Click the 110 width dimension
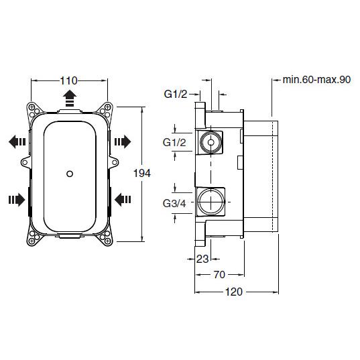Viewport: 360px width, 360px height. (x=68, y=81)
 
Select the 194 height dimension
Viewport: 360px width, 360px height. (x=142, y=174)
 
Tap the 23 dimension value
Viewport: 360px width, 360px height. (x=202, y=259)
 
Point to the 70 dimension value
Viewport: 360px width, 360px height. (x=219, y=275)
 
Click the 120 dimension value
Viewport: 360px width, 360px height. (x=234, y=292)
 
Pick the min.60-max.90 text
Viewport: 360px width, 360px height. (x=316, y=80)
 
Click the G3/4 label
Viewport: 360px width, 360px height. (x=174, y=203)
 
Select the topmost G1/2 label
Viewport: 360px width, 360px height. (x=176, y=94)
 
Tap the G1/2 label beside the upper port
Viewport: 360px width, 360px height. (x=174, y=143)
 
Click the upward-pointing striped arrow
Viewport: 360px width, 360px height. (x=70, y=99)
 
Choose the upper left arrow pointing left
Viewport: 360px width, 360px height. (x=17, y=141)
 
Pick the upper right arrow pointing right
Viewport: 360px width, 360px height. (x=123, y=141)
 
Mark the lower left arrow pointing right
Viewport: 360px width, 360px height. (x=17, y=200)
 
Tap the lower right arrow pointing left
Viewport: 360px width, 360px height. (x=123, y=200)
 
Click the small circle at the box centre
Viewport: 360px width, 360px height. (x=70, y=174)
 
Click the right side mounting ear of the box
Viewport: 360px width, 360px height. (x=114, y=162)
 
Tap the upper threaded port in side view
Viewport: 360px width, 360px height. (x=211, y=142)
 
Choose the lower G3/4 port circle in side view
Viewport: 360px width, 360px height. (x=211, y=202)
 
